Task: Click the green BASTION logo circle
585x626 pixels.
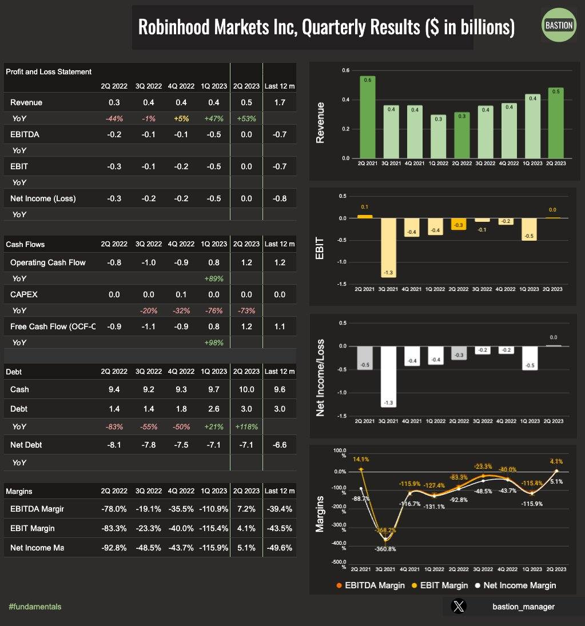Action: [558, 26]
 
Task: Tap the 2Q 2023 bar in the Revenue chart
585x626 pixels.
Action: [555, 123]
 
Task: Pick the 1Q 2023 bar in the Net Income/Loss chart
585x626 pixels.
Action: [530, 358]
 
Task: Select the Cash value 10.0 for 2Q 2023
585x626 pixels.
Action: [246, 389]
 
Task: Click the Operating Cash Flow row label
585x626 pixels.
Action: [48, 262]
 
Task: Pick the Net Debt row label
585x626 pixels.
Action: [26, 445]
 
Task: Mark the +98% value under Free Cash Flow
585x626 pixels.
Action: [213, 342]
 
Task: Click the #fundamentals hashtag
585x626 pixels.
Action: [35, 607]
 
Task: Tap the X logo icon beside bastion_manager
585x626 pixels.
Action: [458, 607]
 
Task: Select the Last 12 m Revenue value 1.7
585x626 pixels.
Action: [280, 102]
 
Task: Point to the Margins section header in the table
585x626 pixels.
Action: [19, 491]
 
